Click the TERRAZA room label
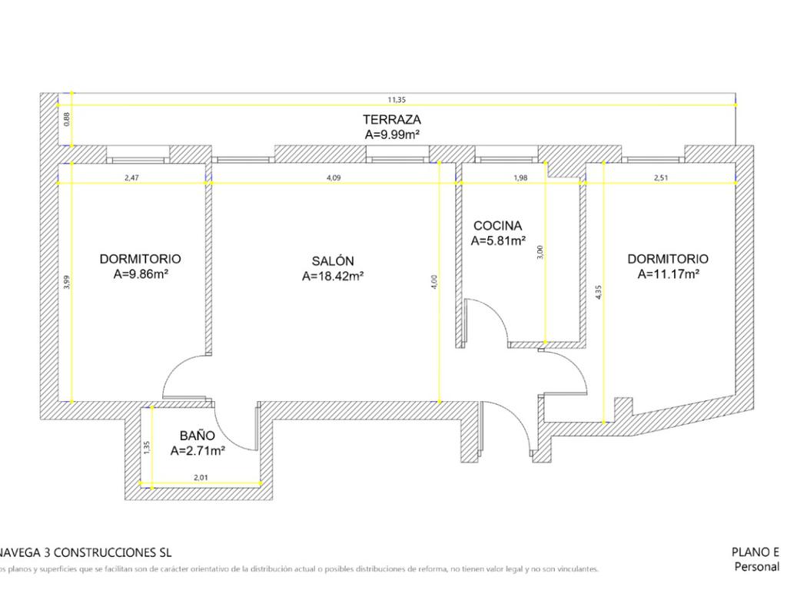click(392, 119)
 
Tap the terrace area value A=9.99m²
click(392, 134)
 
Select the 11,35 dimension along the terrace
click(396, 99)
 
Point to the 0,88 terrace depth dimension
click(67, 119)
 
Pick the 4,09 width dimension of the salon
click(333, 177)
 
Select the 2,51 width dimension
click(660, 177)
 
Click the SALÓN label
click(333, 261)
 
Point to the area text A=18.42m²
click(333, 277)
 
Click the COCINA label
click(497, 226)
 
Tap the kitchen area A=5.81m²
click(498, 240)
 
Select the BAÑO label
click(198, 436)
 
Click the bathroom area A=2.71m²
click(198, 451)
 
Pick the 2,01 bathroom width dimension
click(200, 478)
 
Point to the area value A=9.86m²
click(141, 273)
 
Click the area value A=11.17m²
click(668, 273)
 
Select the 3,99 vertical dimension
click(67, 283)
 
